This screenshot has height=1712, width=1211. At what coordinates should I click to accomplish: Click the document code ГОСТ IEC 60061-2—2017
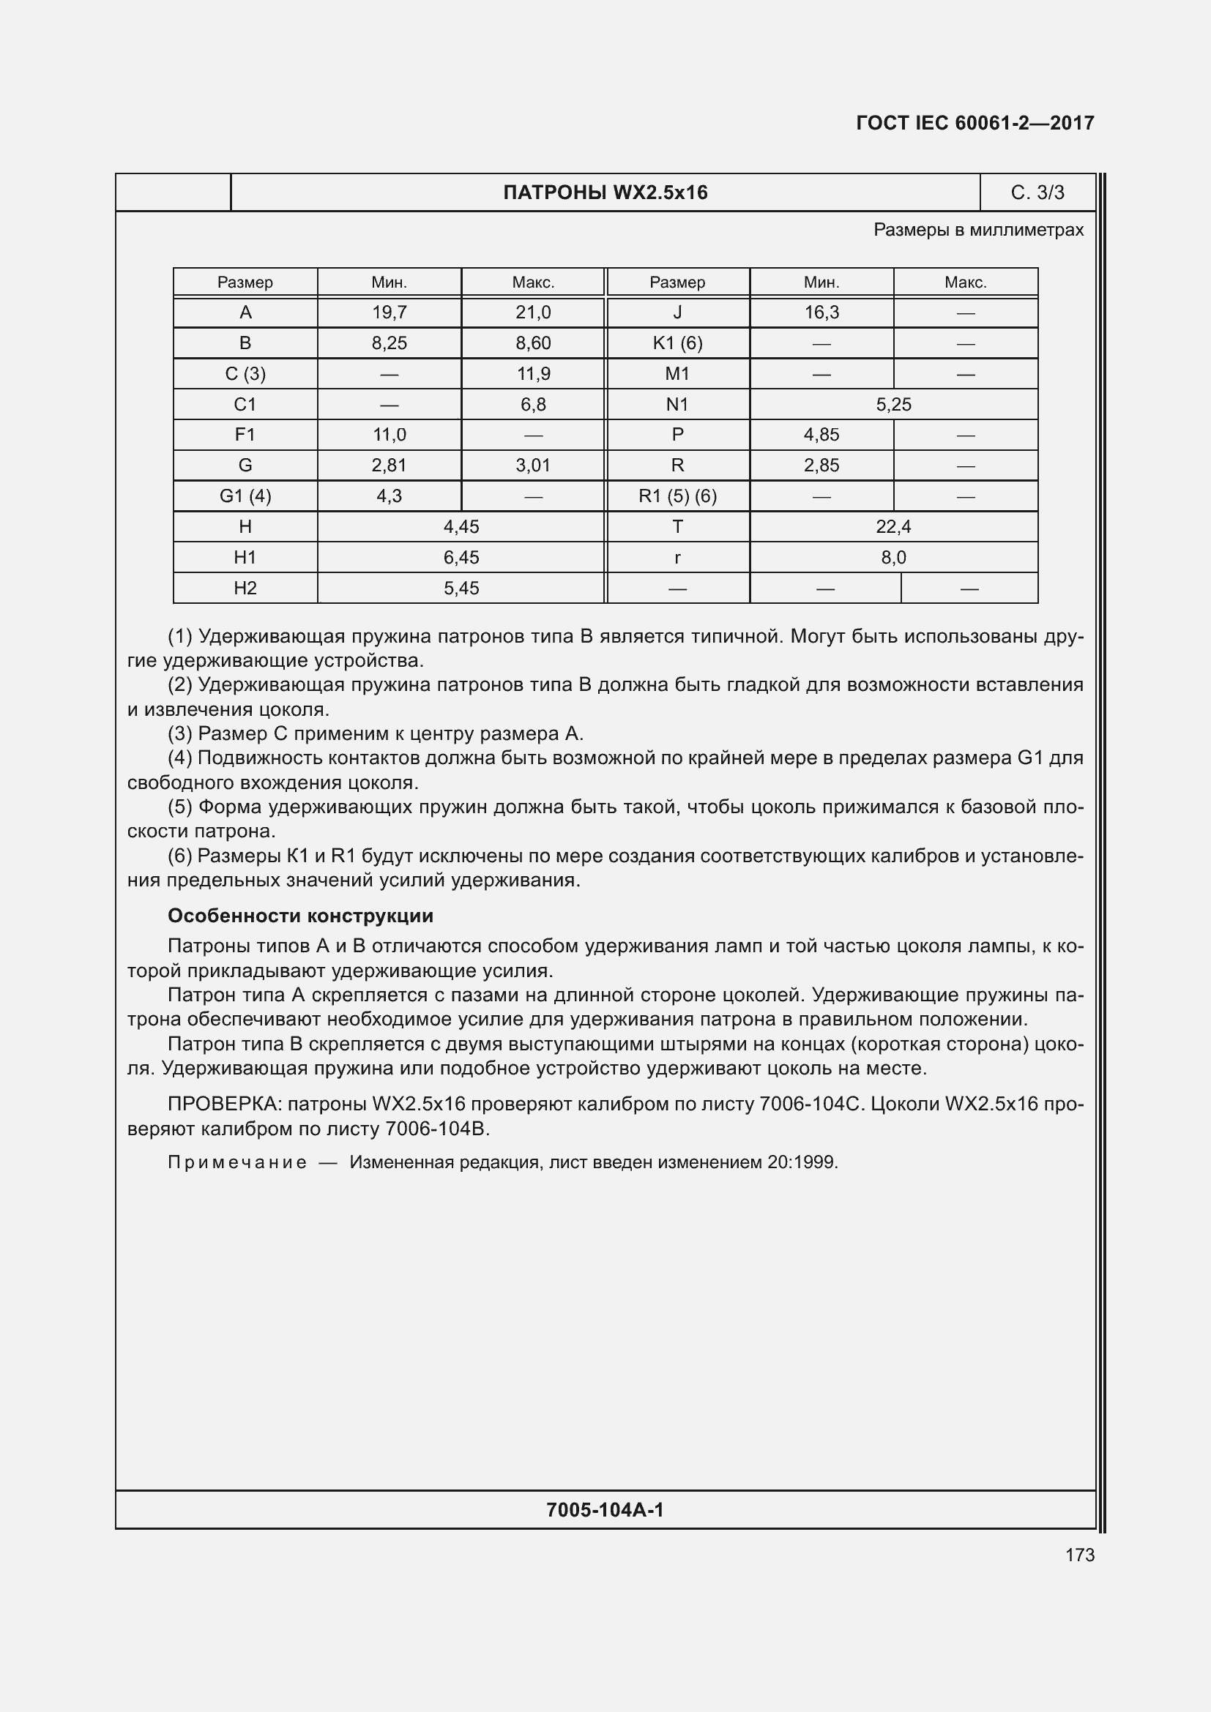975,123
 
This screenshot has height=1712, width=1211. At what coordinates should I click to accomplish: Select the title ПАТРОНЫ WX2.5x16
605,193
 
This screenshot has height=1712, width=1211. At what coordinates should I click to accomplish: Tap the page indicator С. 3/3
1037,193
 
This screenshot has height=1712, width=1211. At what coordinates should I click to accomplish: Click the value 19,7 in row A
390,313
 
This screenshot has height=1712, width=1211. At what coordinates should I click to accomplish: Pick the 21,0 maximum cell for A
533,313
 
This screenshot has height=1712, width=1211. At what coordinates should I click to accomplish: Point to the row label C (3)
245,373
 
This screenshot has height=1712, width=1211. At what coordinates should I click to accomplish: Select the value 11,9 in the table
533,373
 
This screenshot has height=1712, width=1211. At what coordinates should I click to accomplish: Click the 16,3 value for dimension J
821,313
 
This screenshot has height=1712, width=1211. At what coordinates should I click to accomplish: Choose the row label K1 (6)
677,343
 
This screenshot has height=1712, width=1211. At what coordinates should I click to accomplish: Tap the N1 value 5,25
893,404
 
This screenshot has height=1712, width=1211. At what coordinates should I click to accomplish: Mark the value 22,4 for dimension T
893,527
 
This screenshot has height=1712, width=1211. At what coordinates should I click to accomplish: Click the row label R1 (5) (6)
677,496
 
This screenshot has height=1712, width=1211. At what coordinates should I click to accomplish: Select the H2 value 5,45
461,588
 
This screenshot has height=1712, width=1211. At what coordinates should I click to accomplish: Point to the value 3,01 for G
533,466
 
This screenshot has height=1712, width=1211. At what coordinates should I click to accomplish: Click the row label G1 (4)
245,496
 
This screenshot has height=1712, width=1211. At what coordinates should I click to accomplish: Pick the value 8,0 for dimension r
893,558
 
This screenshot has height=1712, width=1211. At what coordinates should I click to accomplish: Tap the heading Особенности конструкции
299,916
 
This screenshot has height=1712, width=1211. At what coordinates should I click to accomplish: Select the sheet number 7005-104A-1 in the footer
605,1510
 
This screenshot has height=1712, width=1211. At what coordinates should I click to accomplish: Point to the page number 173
1080,1555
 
